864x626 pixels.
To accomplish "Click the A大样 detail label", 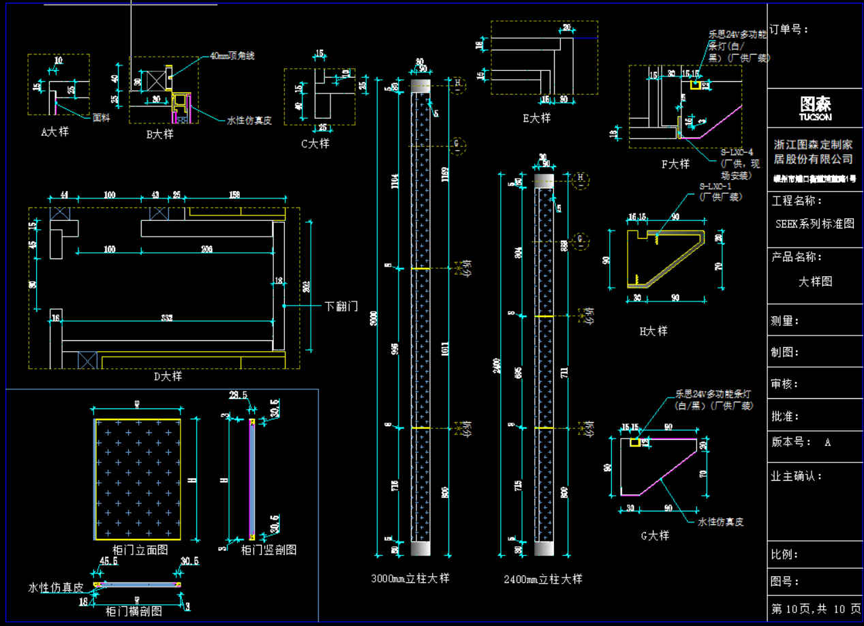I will [x=55, y=132].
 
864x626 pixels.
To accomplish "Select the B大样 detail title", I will [x=160, y=134].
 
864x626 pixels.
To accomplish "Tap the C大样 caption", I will [x=315, y=144].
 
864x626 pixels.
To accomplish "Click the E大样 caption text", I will [x=536, y=118].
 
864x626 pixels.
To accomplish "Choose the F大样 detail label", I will [x=675, y=164].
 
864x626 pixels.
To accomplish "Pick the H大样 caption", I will [x=653, y=331].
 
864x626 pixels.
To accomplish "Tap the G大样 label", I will [x=655, y=535].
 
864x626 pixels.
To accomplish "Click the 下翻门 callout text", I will [x=341, y=307].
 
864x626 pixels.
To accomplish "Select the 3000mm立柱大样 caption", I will [x=410, y=578].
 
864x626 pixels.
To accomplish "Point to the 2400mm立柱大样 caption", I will [x=543, y=579].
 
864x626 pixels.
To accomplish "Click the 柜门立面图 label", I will [x=140, y=550].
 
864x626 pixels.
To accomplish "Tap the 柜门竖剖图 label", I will [x=269, y=550].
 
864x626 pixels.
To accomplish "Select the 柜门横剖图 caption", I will [x=134, y=611].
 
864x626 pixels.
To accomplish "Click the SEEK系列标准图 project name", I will [x=815, y=224].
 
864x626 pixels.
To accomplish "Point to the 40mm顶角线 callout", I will [x=232, y=55].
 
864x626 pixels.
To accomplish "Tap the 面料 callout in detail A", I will [x=101, y=117].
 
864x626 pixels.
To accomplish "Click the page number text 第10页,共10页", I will [x=816, y=608].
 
